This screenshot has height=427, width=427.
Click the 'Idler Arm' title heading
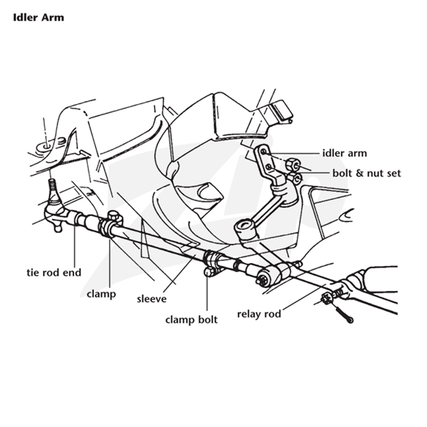pos(38,18)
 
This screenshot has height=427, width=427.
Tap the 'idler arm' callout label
pos(345,153)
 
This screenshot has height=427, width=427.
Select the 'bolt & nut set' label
pos(367,173)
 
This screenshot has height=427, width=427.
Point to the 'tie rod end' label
pos(54,272)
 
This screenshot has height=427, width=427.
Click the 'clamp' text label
pos(101,294)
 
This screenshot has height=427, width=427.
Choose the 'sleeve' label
pos(152,299)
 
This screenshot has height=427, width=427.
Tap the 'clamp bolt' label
pos(192,320)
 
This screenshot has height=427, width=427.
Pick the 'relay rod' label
pos(259,314)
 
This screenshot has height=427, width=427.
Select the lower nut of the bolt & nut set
pos(295,178)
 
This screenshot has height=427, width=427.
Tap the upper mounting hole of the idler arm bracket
pos(263,152)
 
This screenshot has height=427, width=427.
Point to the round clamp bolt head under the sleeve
pos(208,272)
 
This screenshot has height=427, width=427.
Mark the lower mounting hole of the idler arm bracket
pos(268,167)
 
